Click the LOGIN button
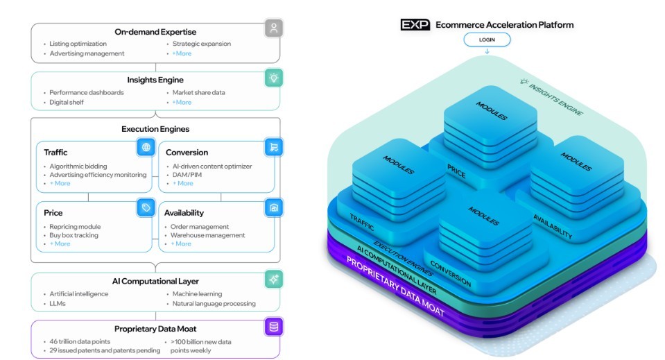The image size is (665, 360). coord(487,40)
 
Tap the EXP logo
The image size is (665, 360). coord(415,25)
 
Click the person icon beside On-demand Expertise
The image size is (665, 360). coord(274,28)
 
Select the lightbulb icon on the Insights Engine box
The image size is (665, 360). coord(274,77)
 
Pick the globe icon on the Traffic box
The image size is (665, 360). coord(146,147)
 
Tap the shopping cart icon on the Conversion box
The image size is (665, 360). coord(273,147)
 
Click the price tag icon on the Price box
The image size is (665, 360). coord(146,207)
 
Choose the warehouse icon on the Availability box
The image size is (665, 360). coord(273,207)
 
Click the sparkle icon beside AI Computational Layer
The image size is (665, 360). coord(274,279)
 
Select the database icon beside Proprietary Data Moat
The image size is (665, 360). coord(274,327)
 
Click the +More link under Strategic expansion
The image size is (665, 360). coord(182,53)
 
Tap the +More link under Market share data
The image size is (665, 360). coord(182,102)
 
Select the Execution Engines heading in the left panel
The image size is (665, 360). coord(155,129)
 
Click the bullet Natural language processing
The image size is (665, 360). coord(214,303)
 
